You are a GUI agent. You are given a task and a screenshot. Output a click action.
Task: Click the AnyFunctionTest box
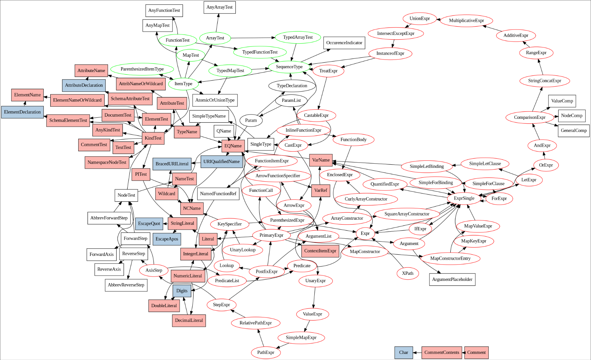click(x=164, y=11)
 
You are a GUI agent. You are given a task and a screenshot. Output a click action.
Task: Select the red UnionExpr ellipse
click(x=420, y=19)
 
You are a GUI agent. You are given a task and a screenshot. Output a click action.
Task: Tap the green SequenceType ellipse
click(x=289, y=67)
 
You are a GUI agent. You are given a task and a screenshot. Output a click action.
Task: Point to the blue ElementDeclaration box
click(x=22, y=112)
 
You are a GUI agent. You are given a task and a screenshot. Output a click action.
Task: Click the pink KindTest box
click(x=153, y=138)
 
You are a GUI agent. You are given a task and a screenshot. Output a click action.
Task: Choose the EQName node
click(x=233, y=146)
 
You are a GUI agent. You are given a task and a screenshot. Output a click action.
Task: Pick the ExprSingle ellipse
click(x=464, y=198)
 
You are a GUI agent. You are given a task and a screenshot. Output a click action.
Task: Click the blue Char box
click(x=404, y=353)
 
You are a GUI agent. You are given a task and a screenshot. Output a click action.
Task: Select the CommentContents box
click(x=442, y=353)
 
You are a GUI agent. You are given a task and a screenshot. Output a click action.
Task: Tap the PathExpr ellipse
click(x=266, y=353)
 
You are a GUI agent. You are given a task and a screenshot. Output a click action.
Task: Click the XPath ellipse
click(x=407, y=274)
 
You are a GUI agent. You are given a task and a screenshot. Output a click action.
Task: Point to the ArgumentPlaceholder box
click(x=452, y=280)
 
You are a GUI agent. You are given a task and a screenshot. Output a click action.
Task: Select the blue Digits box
click(x=182, y=291)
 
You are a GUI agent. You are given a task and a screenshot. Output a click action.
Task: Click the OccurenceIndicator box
click(x=344, y=43)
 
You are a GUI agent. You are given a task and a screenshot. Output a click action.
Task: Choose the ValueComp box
click(x=562, y=101)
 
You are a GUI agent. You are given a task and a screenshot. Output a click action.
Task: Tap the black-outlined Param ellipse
click(x=251, y=120)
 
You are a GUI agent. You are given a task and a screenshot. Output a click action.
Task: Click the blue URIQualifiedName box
click(x=221, y=162)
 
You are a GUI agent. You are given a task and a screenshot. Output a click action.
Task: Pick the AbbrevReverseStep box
click(x=126, y=285)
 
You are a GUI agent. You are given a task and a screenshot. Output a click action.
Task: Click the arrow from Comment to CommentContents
click(x=463, y=353)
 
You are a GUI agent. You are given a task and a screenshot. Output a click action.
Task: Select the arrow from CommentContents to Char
click(x=417, y=353)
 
